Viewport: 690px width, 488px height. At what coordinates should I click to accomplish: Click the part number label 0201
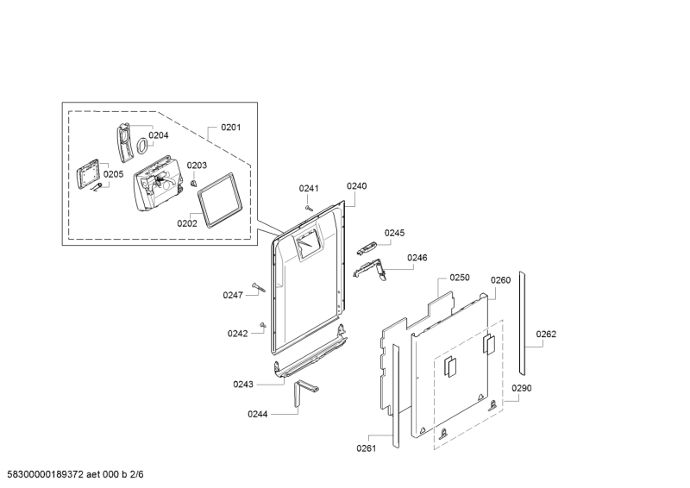230,128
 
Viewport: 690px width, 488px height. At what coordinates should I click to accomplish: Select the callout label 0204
159,135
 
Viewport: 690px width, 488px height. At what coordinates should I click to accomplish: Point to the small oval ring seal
141,146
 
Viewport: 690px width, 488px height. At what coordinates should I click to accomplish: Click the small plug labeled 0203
193,183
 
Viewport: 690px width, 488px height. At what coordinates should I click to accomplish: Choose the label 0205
114,174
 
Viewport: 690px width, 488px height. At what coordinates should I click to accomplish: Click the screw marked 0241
309,208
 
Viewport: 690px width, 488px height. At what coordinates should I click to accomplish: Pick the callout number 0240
356,186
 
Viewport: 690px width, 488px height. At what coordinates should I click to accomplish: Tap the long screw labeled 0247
259,287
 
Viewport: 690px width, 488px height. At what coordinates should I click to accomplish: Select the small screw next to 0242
263,325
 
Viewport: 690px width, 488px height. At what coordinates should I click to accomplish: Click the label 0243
243,385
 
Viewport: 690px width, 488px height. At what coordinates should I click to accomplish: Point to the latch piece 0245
367,247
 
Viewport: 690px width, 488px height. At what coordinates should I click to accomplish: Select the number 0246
417,258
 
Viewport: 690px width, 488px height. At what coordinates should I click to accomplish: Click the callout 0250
460,278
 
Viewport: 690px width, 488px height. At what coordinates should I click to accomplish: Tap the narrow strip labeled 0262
522,323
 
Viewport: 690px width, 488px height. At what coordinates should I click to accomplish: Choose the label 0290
522,388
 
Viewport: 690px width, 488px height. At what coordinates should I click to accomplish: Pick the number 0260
501,280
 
